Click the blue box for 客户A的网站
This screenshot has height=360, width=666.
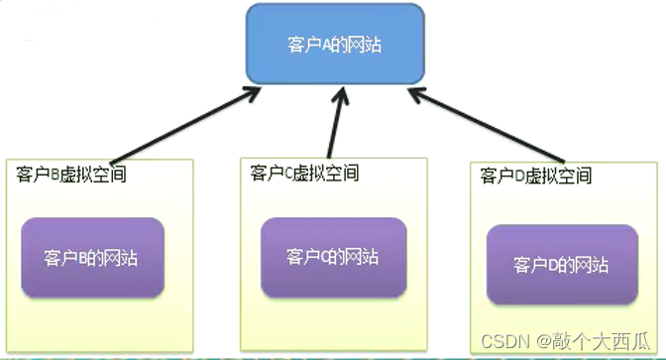point(335,45)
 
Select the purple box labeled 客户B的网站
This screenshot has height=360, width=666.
point(91,257)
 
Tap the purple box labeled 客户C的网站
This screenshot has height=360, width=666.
point(333,256)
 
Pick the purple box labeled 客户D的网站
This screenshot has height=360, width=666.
point(561,264)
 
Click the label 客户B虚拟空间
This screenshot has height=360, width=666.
point(72,175)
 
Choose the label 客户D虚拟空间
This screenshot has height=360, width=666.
point(535,177)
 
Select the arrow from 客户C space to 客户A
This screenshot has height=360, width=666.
point(337,124)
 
